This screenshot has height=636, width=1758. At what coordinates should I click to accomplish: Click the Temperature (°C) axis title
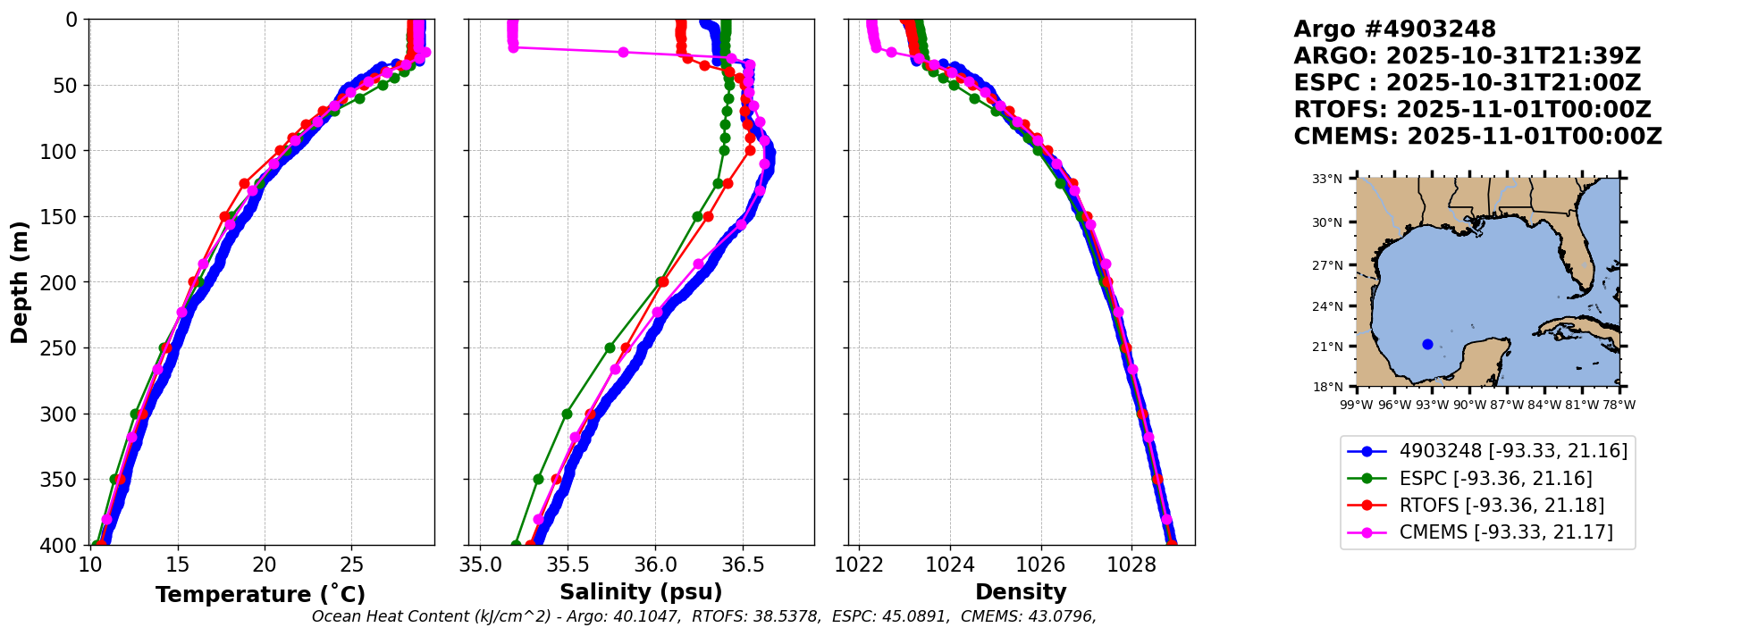pyautogui.click(x=260, y=595)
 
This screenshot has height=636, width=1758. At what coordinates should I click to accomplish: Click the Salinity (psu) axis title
pyautogui.click(x=641, y=592)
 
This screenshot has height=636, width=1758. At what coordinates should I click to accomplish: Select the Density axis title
pyautogui.click(x=1021, y=592)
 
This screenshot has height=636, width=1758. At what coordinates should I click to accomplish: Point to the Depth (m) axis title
pyautogui.click(x=20, y=282)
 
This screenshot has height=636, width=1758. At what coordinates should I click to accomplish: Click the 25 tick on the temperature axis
pyautogui.click(x=352, y=565)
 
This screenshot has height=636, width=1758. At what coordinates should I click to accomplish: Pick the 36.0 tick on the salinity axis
pyautogui.click(x=654, y=565)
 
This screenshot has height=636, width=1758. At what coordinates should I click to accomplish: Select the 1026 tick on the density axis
pyautogui.click(x=1041, y=565)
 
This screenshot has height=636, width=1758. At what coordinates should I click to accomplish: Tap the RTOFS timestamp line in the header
pyautogui.click(x=1472, y=110)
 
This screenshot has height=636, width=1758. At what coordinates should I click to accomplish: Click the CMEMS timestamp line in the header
pyautogui.click(x=1477, y=137)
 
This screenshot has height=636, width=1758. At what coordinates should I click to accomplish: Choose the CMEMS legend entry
pyautogui.click(x=1506, y=532)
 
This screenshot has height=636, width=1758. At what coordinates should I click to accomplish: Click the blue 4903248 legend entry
pyautogui.click(x=1513, y=451)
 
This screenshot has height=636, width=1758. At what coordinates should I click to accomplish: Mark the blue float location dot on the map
pyautogui.click(x=1427, y=345)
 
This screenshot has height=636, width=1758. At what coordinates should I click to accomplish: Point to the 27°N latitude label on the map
pyautogui.click(x=1327, y=265)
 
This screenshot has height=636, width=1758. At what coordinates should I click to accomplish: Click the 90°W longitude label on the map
pyautogui.click(x=1469, y=405)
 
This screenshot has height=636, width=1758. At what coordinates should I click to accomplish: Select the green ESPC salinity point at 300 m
pyautogui.click(x=567, y=414)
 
